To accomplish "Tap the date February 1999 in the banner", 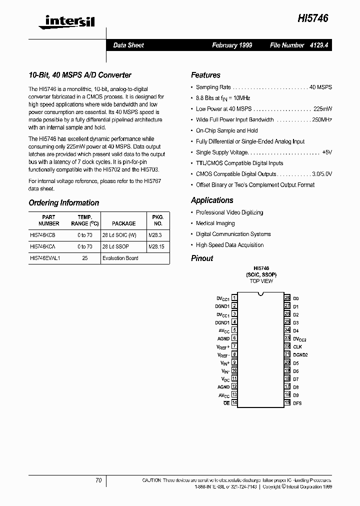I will [x=232, y=45].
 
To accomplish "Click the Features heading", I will [x=205, y=75].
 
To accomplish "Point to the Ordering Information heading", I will [x=64, y=202].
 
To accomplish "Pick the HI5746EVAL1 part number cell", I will [x=45, y=258].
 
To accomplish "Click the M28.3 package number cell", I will [x=156, y=234].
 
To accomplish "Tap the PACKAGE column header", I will [x=123, y=223].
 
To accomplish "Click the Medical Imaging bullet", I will [x=215, y=223].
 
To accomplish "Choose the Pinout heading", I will [x=202, y=258].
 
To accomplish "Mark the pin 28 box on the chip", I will [x=287, y=298].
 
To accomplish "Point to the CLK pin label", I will [x=297, y=346].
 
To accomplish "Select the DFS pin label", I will [x=297, y=403].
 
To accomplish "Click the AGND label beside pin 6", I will [x=223, y=338].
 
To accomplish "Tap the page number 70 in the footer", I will [x=98, y=480].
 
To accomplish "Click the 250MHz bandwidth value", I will [x=322, y=120].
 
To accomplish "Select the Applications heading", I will [x=212, y=200].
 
